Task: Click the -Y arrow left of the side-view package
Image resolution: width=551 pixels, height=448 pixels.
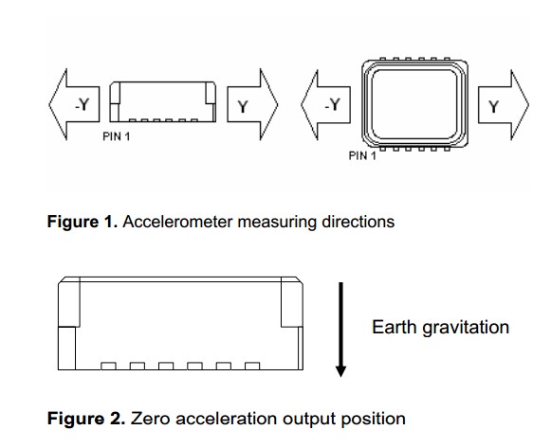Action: click(75, 104)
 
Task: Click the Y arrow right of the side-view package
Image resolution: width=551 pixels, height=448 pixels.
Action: click(252, 104)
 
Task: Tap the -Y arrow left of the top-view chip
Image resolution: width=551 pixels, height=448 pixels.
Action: click(325, 104)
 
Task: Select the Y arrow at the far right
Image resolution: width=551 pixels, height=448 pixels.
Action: click(504, 105)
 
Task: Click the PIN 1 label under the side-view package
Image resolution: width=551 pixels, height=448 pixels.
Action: click(117, 136)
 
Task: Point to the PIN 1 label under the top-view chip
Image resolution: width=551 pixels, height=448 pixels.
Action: click(362, 155)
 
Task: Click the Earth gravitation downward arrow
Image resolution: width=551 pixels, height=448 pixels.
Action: click(340, 330)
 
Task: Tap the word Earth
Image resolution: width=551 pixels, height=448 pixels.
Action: click(395, 327)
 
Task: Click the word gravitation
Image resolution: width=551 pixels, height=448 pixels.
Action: click(466, 328)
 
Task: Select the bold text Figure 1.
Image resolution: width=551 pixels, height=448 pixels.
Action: click(83, 222)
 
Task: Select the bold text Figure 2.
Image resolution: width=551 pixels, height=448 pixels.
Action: click(86, 419)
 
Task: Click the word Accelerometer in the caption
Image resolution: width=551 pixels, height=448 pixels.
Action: click(177, 222)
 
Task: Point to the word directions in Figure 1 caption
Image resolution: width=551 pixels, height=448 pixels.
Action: click(358, 222)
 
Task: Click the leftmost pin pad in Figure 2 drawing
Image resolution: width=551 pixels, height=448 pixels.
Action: click(108, 366)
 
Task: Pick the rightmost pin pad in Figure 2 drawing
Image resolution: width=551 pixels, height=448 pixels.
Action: click(252, 366)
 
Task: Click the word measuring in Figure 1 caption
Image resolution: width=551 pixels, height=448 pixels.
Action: click(277, 223)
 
